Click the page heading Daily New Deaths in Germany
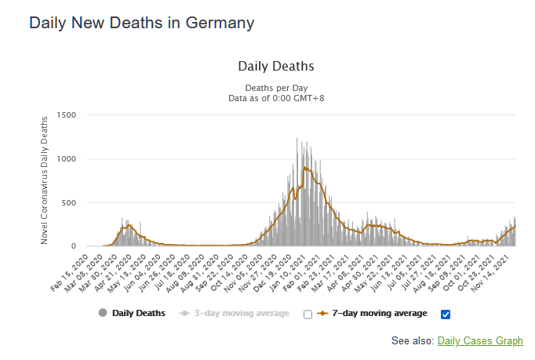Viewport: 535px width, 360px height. [141, 23]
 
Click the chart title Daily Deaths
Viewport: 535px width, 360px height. [275, 66]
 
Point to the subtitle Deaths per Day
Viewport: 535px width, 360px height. [275, 87]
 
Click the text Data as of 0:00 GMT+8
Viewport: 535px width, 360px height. [275, 98]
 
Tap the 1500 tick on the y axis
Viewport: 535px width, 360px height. [65, 115]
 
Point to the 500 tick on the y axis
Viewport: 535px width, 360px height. [68, 203]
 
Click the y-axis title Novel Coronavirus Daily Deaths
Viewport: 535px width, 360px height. [47, 180]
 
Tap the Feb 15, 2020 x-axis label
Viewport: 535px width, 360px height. [69, 270]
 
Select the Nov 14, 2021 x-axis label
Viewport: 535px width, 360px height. [498, 270]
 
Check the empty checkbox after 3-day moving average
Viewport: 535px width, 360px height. [308, 315]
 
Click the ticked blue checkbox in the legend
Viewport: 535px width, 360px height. [446, 315]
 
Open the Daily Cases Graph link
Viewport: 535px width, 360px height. [480, 341]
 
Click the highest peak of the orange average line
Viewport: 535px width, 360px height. [304, 167]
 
